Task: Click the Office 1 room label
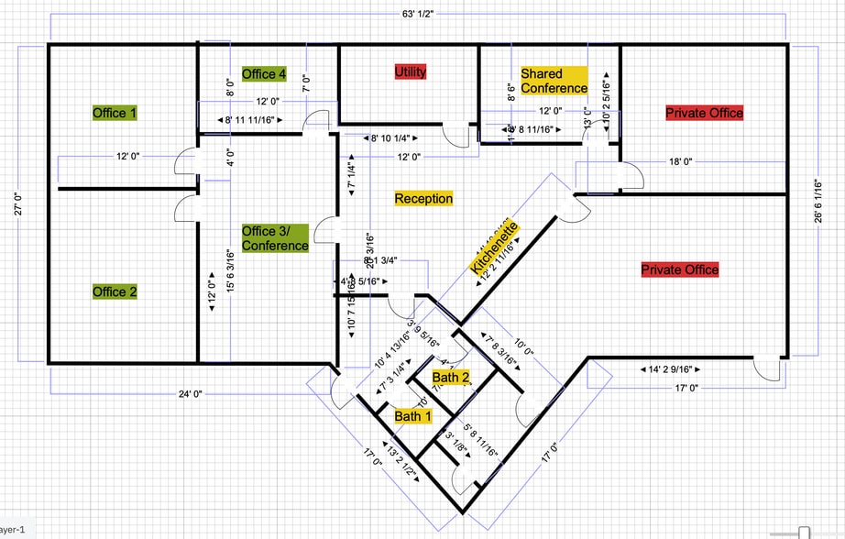(115, 113)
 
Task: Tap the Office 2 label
(115, 291)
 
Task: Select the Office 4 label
(264, 73)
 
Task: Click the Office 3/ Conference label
(275, 238)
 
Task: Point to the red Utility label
(410, 71)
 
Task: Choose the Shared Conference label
(554, 81)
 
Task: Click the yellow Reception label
(423, 198)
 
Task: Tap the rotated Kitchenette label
(495, 247)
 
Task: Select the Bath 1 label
(412, 416)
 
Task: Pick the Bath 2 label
(451, 378)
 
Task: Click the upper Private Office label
(704, 113)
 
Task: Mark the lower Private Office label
(679, 269)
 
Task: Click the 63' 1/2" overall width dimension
(417, 14)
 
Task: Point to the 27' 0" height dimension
(16, 201)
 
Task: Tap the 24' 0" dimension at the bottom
(191, 394)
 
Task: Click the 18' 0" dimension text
(680, 161)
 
